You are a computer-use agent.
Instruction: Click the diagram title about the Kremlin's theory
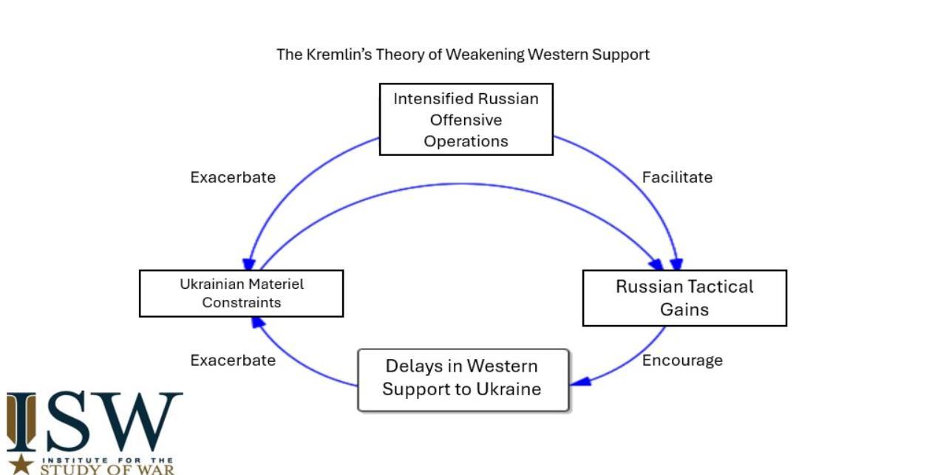coord(463,54)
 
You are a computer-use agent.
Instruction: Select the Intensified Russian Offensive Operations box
coord(466,119)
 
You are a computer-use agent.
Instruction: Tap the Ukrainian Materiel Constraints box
coord(241,293)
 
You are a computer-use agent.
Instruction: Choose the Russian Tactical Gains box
coord(684,298)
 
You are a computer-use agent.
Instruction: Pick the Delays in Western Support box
coord(463,380)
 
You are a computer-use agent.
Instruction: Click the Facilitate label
coord(677,177)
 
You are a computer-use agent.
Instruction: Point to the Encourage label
coord(682,360)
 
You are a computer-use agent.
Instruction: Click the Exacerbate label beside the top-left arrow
coord(233,177)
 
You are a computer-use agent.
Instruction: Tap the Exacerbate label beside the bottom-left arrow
coord(233,360)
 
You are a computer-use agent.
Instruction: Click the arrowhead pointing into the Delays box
coord(581,380)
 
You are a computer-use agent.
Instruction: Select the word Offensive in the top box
coord(466,120)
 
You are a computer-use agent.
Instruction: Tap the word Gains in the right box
coord(684,309)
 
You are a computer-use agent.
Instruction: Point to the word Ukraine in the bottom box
coord(511,389)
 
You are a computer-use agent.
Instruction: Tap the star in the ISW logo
coord(22,463)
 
